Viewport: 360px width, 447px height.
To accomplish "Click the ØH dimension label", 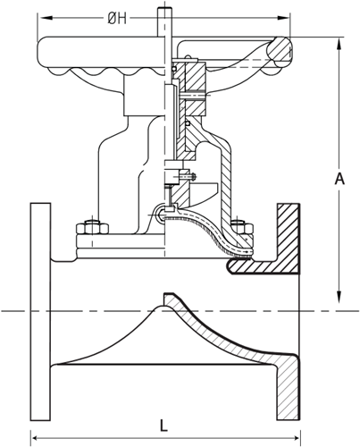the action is pos(117,19).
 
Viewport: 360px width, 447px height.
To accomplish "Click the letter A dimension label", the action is pos(339,179).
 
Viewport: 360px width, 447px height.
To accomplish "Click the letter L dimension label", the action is pos(163,426).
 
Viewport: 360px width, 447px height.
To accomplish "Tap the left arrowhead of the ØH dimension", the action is pos(46,18).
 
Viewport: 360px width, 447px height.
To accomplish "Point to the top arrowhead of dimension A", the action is pos(339,45).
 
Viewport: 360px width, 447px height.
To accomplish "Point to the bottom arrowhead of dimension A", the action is pos(339,297).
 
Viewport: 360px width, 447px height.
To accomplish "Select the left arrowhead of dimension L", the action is pos(38,438).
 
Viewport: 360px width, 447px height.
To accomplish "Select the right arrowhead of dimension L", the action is pos(294,438).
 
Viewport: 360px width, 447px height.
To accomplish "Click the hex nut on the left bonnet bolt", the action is pos(92,228).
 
